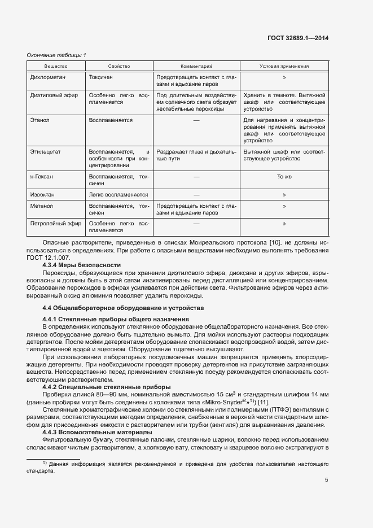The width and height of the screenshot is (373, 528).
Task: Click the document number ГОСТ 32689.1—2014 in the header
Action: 300,38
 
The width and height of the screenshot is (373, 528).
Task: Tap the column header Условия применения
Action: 284,67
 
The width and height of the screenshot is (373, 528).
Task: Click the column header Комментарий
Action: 196,67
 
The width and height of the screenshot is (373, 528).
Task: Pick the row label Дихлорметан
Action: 49,76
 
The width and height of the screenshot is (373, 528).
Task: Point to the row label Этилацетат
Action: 45,152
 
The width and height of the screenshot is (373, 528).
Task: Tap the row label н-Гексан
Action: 42,177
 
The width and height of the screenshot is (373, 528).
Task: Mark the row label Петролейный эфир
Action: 55,224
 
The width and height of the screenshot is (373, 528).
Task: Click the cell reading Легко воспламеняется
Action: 118,195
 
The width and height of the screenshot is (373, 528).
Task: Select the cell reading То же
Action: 284,177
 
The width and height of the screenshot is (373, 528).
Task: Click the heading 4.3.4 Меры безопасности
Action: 82,265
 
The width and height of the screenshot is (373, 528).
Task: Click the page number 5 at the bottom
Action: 327,481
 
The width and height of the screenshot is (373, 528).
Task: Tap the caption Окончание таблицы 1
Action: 57,55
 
